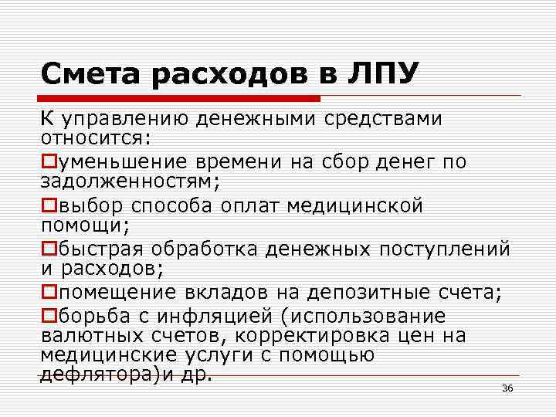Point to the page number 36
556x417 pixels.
[x=507, y=388]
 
